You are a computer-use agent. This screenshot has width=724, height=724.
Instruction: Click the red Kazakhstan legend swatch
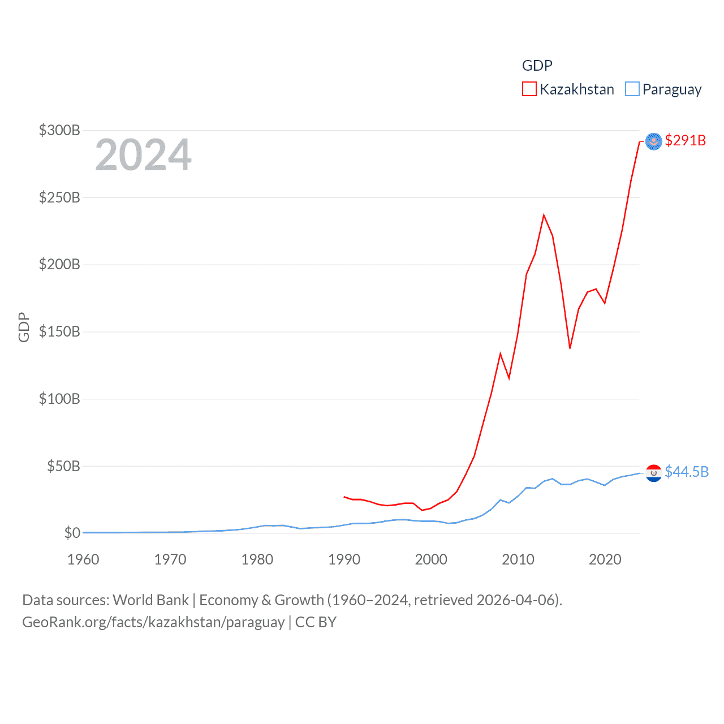(x=529, y=89)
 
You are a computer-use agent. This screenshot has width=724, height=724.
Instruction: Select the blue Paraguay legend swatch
(x=632, y=89)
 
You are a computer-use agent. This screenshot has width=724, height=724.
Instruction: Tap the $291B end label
(x=685, y=140)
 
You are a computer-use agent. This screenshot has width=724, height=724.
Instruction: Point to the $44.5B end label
(x=686, y=472)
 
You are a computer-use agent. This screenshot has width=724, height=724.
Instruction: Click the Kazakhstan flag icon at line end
(x=653, y=141)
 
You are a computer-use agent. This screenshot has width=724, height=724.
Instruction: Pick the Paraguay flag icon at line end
(x=653, y=473)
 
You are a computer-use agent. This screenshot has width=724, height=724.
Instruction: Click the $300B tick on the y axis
(x=59, y=130)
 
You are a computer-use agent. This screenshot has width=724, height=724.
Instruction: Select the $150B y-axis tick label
(x=59, y=331)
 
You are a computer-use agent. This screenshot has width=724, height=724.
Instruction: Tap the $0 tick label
(x=72, y=533)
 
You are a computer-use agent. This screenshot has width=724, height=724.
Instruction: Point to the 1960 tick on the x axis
(x=83, y=559)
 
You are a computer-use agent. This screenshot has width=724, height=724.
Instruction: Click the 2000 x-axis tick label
(x=431, y=559)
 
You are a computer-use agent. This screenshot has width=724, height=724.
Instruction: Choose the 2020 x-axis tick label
(x=605, y=559)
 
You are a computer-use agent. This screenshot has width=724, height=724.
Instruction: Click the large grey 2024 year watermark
(x=143, y=154)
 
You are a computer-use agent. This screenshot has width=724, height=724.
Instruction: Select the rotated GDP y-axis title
(x=24, y=327)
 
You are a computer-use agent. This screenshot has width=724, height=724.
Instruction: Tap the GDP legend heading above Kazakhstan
(x=537, y=66)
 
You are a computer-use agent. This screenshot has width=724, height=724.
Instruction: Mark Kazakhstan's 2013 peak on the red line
(x=544, y=215)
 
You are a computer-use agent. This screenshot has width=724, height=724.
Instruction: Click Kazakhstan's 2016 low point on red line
(x=570, y=348)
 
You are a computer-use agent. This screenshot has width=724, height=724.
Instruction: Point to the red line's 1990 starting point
(x=344, y=497)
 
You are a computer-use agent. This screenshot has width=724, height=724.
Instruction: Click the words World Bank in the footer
(x=150, y=600)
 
